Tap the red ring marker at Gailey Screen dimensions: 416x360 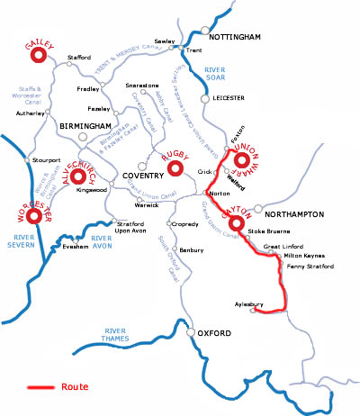coord(39,56)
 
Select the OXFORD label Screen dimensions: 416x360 coord(214,335)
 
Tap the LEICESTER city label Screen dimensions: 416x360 coord(230,99)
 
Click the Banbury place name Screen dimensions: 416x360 coord(192,249)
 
